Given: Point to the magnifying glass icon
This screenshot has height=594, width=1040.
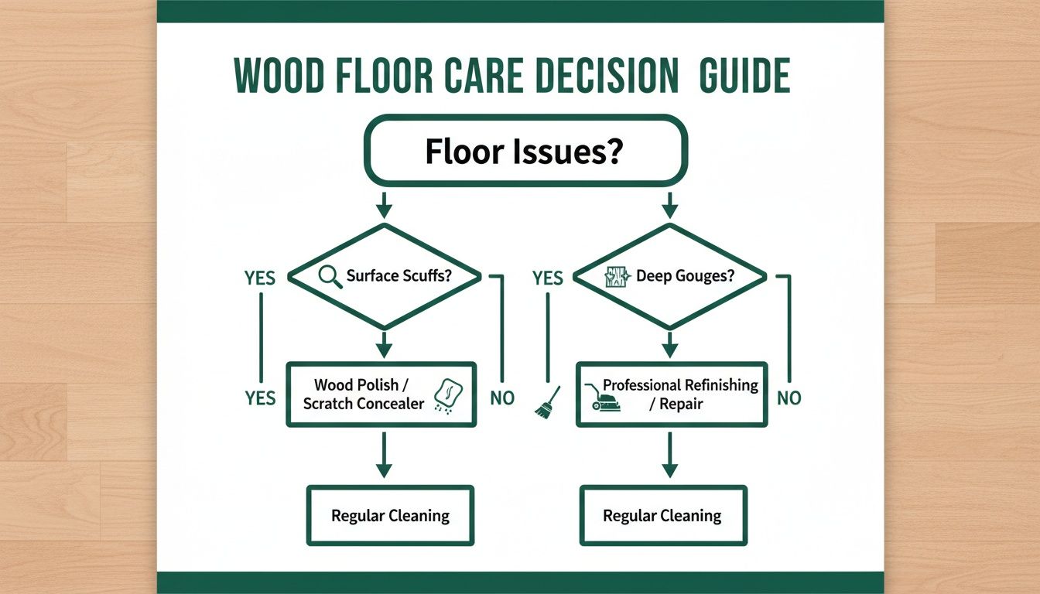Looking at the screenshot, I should pos(330,277).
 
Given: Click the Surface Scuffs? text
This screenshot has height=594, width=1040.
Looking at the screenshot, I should pos(399,275).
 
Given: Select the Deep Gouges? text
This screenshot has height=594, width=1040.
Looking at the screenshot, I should pos(685,275).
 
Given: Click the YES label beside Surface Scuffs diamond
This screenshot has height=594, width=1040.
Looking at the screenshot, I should pos(260,277).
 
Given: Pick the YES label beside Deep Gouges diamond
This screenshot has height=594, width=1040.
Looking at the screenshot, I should pos(547,277).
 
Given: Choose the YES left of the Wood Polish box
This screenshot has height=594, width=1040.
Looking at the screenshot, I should pos(260,398).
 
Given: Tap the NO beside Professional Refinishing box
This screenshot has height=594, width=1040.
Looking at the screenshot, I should pos(789,398).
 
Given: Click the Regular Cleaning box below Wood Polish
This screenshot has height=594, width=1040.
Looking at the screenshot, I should pos(390,515).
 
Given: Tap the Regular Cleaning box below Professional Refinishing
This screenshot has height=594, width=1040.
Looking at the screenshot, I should pos(662,515).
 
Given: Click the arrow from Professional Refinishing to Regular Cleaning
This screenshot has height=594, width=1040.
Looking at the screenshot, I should pos(670,456).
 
